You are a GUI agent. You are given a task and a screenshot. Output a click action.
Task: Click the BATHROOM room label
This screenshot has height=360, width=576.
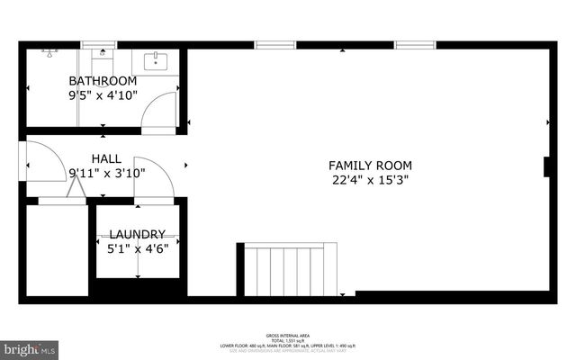pos(103,80)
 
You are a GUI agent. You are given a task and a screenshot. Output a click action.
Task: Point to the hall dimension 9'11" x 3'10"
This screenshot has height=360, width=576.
pos(106,173)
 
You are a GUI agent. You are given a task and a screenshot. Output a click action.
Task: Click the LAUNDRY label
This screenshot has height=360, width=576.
pos(138,234)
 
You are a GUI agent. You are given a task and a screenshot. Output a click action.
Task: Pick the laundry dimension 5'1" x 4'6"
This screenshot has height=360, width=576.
pos(138,248)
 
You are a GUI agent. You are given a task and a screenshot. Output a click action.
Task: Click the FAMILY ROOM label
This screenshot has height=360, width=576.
pos(370,166)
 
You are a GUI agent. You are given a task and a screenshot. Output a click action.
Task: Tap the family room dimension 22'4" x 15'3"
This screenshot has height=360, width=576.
pos(370,180)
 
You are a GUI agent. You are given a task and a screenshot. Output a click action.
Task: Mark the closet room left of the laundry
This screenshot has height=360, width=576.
pos(57,251)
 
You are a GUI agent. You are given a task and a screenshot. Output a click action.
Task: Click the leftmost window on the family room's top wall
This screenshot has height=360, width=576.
pos(274,44)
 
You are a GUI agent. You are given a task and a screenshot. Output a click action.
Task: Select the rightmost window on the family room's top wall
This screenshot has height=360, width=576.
pos(415,44)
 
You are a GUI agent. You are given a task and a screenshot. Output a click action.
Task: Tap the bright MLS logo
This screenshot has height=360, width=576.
pos(30,346)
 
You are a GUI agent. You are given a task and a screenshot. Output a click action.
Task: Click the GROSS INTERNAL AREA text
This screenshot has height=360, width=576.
pos(288,332)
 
